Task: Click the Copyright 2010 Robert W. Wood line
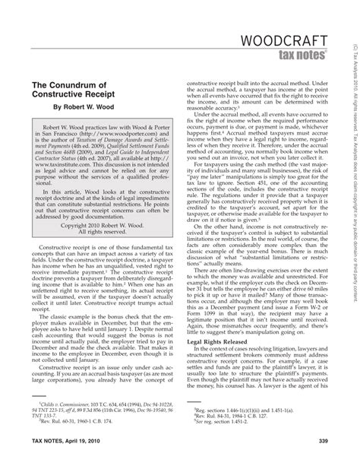point(99,246)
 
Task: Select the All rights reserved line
point(99,254)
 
